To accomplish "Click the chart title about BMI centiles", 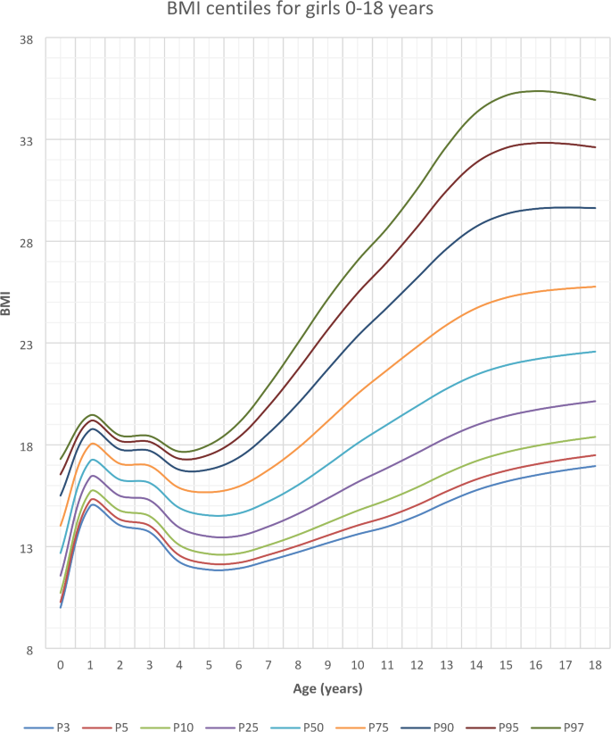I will pos(305,12).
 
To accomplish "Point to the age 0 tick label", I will pos(61,665).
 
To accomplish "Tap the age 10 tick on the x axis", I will pos(358,665).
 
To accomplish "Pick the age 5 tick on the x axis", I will pos(209,665).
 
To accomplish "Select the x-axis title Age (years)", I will pos(327,689).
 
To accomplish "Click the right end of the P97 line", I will pos(595,100).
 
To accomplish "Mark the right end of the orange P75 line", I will pos(595,287).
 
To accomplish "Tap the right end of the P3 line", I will pos(595,466).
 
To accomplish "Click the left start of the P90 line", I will pos(61,495).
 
